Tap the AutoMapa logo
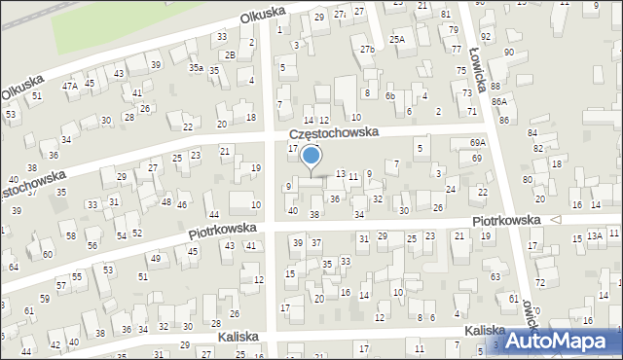(555, 342)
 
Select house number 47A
(70, 86)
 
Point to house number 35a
(196, 68)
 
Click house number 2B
(230, 54)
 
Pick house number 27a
(340, 16)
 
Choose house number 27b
(366, 49)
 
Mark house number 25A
(397, 39)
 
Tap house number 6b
(389, 95)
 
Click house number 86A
(499, 101)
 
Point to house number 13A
(594, 236)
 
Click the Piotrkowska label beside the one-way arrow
(506, 221)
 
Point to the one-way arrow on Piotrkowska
(555, 220)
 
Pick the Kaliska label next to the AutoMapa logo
(484, 331)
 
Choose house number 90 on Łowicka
(509, 52)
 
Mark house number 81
(446, 14)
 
